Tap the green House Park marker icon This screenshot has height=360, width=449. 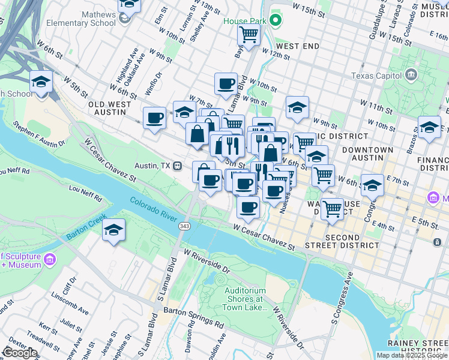[276, 21]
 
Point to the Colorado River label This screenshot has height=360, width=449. [158, 209]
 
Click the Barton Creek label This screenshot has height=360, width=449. [86, 229]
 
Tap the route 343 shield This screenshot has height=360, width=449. [184, 226]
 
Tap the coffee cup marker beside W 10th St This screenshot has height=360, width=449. [226, 83]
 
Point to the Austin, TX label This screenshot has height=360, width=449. [153, 166]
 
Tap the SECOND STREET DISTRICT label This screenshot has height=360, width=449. [351, 241]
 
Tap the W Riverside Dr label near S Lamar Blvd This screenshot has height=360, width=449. [208, 262]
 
